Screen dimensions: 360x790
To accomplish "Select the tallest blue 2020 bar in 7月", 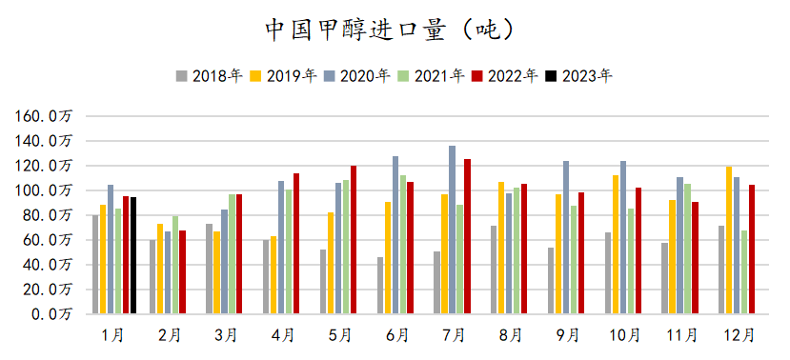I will point(453,230).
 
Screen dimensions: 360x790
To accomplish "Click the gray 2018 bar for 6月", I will point(380,285).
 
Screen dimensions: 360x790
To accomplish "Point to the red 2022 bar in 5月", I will point(354,239).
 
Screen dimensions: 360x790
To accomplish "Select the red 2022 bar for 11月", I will point(696,257).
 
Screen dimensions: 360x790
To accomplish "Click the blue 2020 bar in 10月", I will point(623,237).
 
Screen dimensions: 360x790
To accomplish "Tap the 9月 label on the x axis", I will point(569,335).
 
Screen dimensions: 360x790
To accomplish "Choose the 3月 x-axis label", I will point(226,335).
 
